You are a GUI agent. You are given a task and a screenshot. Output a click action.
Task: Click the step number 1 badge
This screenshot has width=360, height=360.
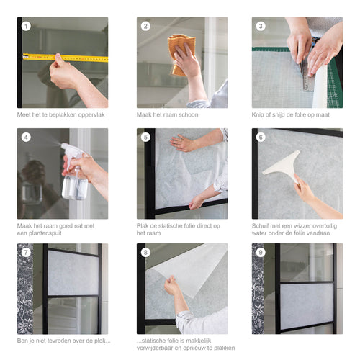coord(26,26)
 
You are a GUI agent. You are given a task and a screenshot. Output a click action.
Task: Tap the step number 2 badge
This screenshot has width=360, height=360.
coord(145,26)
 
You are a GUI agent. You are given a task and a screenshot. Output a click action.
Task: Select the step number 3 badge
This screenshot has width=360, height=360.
coord(261,26)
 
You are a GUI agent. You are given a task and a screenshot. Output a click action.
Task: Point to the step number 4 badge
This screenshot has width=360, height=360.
coord(26,137)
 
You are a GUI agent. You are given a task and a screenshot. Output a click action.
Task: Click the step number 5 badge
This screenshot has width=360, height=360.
coord(145,137)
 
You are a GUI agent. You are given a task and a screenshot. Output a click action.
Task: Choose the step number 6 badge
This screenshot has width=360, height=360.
coord(261,137)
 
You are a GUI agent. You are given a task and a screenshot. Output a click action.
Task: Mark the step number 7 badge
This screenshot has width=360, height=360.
coord(26,252)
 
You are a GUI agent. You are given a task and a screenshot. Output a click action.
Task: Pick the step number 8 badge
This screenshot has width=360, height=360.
coord(145,252)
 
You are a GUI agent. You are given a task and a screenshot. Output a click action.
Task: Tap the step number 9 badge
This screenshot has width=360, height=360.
coord(261,252)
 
